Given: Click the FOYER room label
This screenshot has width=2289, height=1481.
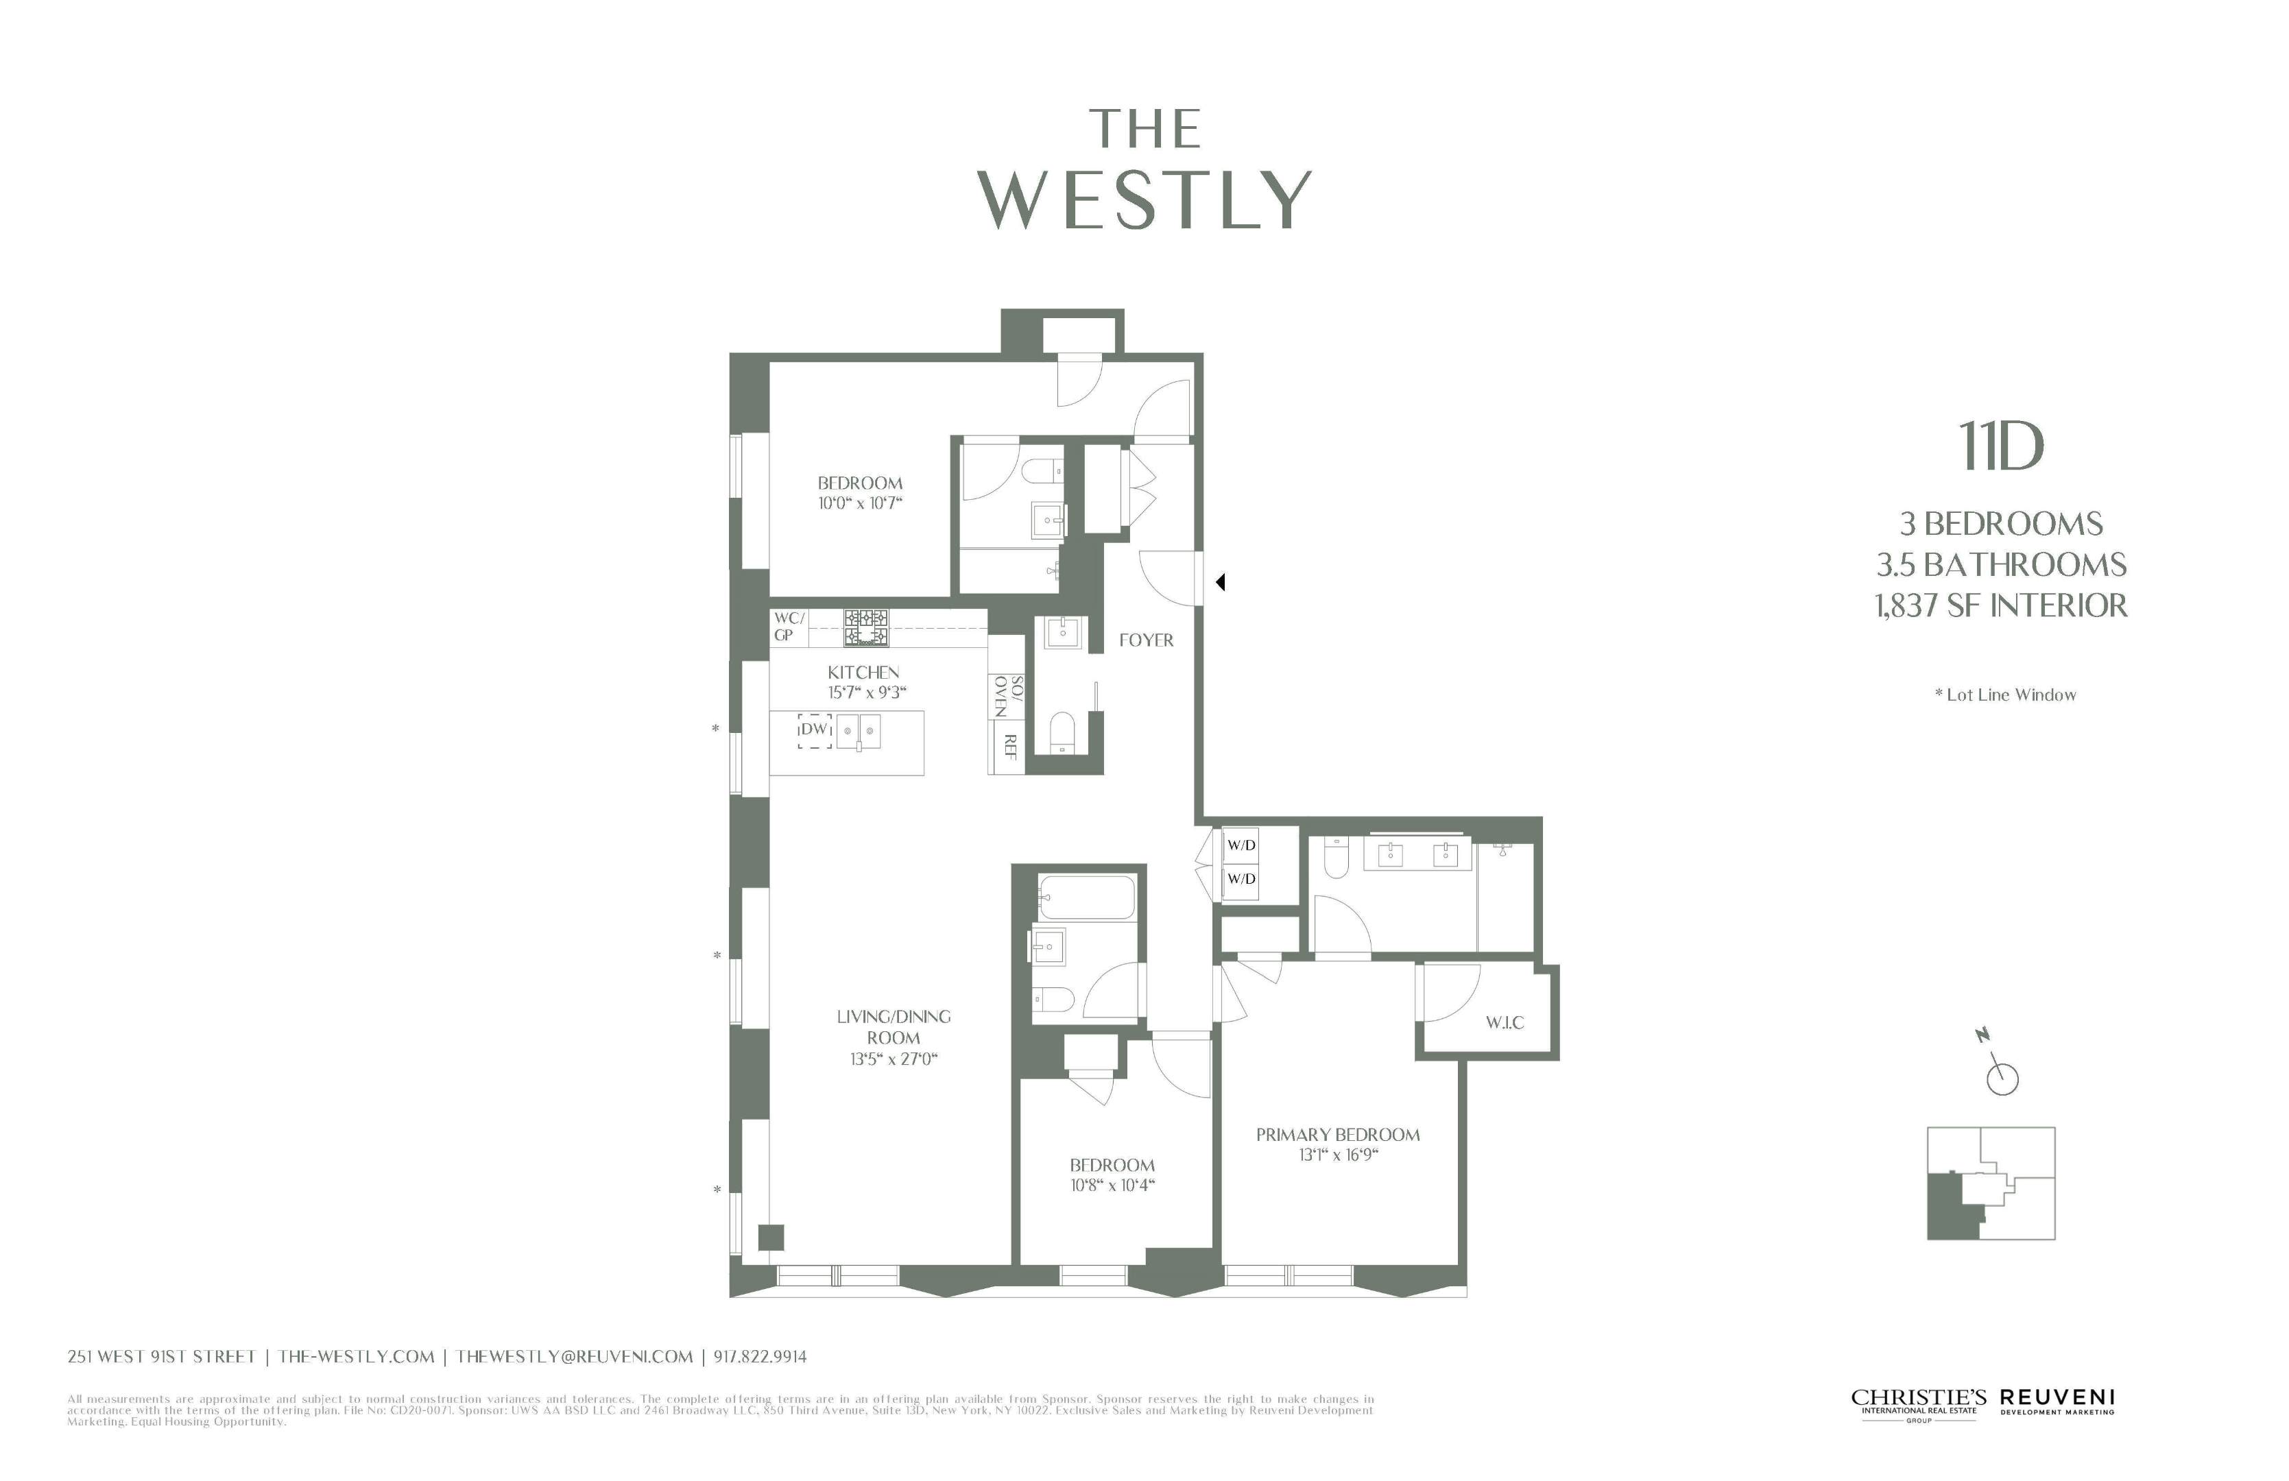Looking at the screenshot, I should pyautogui.click(x=1145, y=640).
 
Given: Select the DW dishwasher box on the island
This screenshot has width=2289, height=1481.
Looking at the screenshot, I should pyautogui.click(x=814, y=730).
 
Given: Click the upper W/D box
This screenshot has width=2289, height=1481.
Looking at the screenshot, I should pyautogui.click(x=1241, y=845).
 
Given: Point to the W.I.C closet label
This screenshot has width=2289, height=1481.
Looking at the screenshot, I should pyautogui.click(x=1505, y=1022).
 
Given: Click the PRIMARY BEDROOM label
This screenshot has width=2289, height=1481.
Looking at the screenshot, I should pyautogui.click(x=1337, y=1135).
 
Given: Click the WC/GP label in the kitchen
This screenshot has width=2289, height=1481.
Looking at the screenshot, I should pyautogui.click(x=788, y=627).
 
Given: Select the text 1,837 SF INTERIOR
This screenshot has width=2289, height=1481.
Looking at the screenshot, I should pyautogui.click(x=2000, y=606).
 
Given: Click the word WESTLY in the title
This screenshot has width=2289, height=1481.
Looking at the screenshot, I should pyautogui.click(x=1144, y=200).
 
